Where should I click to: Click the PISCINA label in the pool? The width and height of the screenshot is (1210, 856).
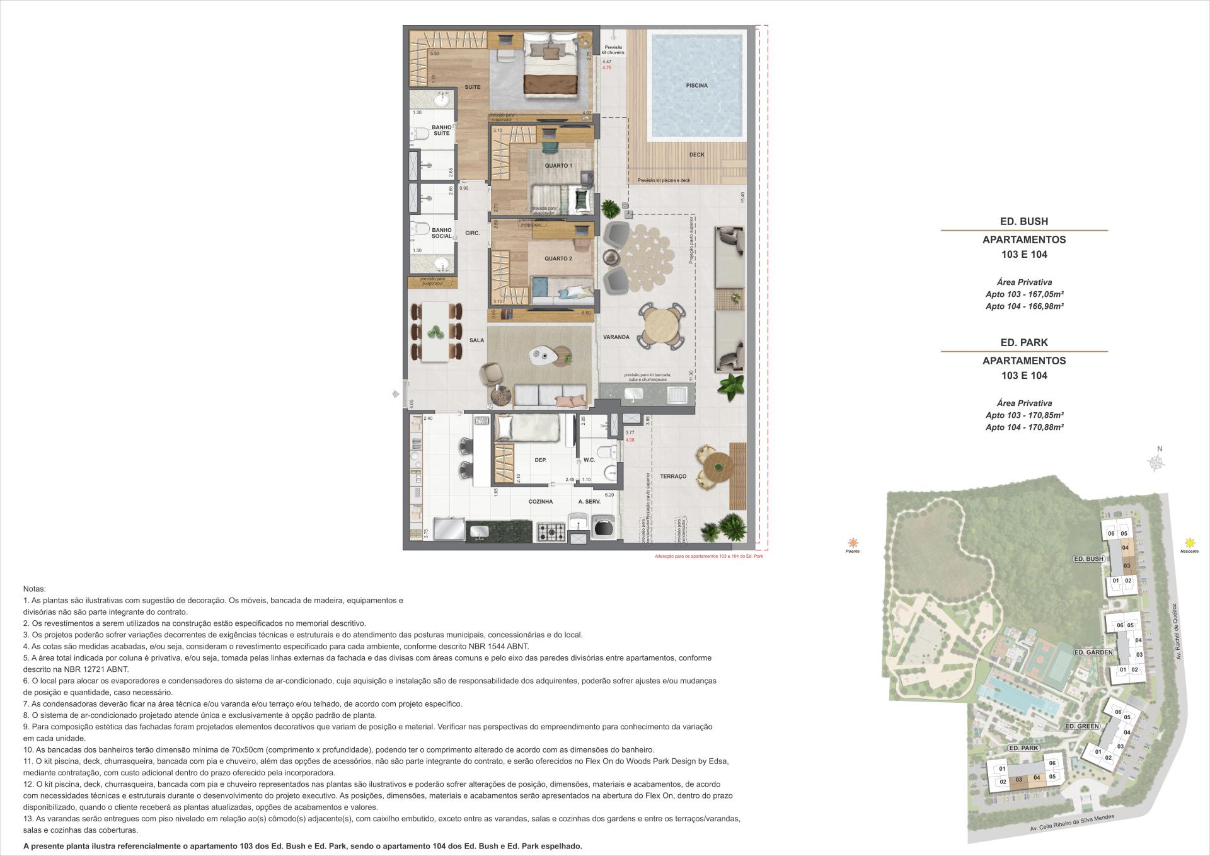(x=696, y=85)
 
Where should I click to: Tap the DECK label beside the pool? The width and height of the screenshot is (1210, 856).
(x=696, y=154)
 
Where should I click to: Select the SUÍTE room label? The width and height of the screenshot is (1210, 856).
(x=473, y=87)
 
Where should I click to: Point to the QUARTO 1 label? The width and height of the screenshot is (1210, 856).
(x=558, y=166)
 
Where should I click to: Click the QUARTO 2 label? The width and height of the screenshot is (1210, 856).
(x=558, y=258)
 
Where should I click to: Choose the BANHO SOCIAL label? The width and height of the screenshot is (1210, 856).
(x=442, y=233)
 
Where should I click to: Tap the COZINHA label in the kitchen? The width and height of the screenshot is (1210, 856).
(x=540, y=502)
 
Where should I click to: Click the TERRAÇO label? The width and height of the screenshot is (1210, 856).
(x=673, y=477)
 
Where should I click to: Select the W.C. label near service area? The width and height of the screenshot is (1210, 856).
(x=589, y=460)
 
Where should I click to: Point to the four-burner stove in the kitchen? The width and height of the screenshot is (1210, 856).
(x=552, y=532)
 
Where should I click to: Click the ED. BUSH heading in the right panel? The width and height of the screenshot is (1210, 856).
(x=1023, y=221)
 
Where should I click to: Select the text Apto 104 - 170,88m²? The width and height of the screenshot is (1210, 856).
(x=1024, y=427)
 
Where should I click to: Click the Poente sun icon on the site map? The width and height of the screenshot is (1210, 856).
(x=853, y=543)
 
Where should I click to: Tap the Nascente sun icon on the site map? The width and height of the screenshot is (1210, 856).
(x=1190, y=543)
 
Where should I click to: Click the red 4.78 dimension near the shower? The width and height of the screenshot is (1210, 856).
(x=607, y=67)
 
